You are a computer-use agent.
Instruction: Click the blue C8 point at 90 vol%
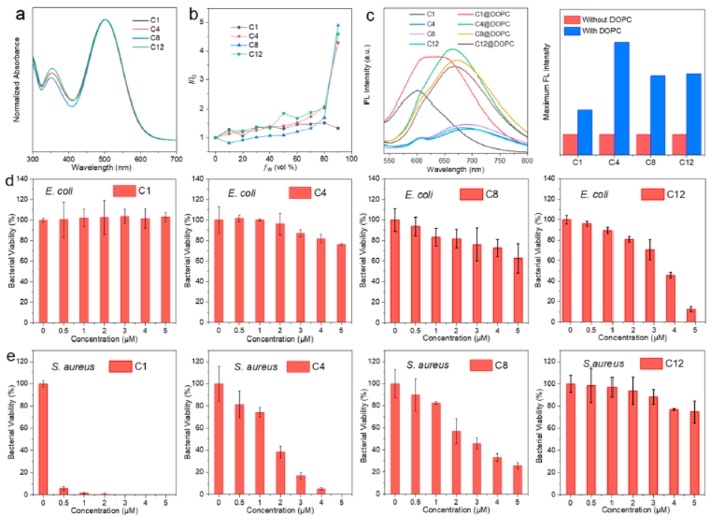point(338,25)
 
